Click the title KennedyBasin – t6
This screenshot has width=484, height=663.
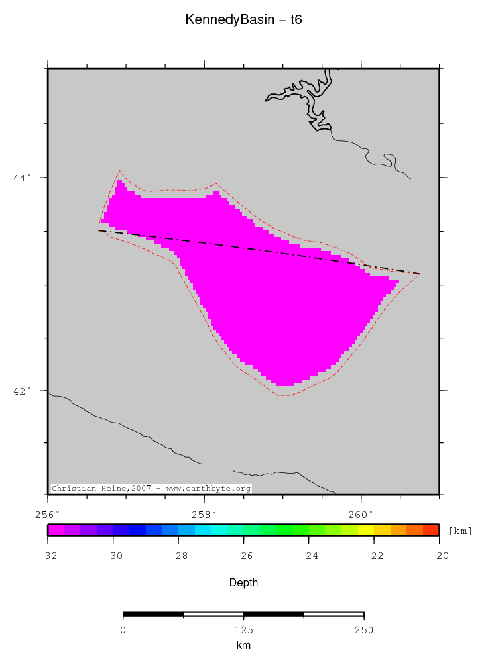click(x=243, y=21)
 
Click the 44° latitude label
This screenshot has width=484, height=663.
click(x=23, y=178)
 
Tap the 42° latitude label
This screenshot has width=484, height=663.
click(x=23, y=391)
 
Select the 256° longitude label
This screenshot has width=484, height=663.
click(x=48, y=513)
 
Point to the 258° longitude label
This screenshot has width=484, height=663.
click(x=204, y=513)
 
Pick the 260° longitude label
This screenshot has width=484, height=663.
click(x=361, y=513)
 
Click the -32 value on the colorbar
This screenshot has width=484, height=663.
click(x=48, y=556)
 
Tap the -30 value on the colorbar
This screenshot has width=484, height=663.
click(x=113, y=556)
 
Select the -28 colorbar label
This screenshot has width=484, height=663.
click(x=178, y=556)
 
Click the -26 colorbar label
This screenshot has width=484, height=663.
click(x=243, y=556)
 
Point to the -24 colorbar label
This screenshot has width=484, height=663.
click(x=308, y=556)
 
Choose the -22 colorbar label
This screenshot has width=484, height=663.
click(x=374, y=556)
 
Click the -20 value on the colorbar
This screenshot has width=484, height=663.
click(x=439, y=556)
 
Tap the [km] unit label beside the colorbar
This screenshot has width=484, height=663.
click(x=460, y=531)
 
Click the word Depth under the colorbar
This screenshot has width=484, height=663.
click(x=243, y=583)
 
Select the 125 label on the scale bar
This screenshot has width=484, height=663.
click(x=243, y=630)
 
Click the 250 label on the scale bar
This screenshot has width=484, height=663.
click(x=363, y=630)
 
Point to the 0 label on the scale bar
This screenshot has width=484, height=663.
click(x=123, y=630)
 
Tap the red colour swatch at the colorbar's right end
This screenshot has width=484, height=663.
click(x=431, y=530)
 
